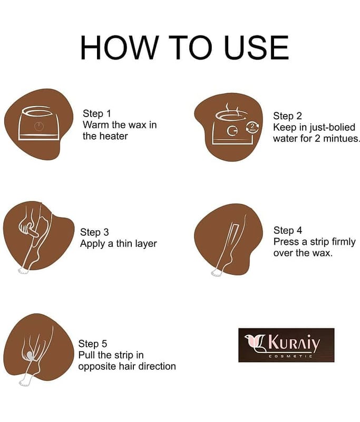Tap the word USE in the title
[257, 47]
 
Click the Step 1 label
[97, 113]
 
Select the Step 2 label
[287, 116]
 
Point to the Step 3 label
[94, 232]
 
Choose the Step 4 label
[288, 231]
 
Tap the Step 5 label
[92, 344]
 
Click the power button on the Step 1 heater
[38, 126]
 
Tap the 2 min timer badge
[252, 127]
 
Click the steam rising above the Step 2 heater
[232, 108]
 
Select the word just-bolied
[333, 127]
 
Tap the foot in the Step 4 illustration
[217, 272]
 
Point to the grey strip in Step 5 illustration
[30, 355]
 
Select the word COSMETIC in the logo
[290, 357]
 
